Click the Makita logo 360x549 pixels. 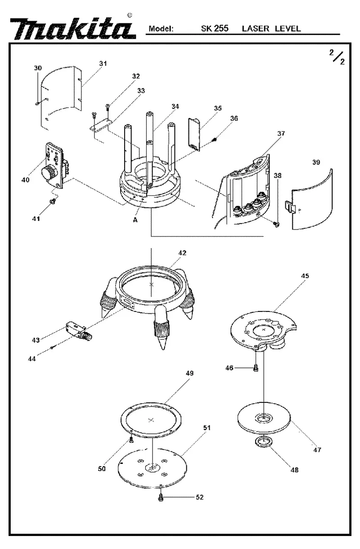pos(73,29)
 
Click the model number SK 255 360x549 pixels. pos(215,29)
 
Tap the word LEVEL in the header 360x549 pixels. pos(288,29)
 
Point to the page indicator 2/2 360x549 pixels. pos(337,57)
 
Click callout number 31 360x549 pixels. pos(103,63)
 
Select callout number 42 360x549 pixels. pos(182,253)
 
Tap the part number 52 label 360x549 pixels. pos(200,497)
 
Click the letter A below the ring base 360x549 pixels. pos(135,220)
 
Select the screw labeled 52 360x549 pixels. pos(161,498)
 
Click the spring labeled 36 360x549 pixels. pos(214,140)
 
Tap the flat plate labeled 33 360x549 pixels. pos(100,125)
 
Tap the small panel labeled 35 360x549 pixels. pos(194,134)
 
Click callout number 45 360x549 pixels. pos(305,276)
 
